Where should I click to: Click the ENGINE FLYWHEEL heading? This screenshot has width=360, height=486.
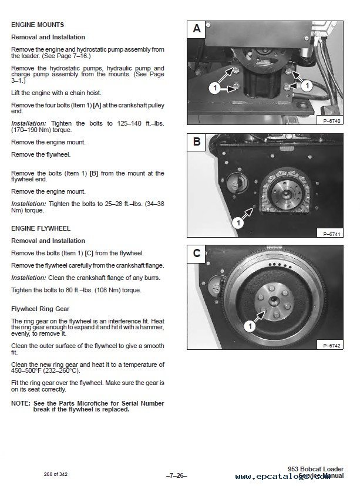pos(41,228)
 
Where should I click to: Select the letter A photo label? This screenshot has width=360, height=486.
pos(197,28)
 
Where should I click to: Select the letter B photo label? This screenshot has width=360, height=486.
pos(197,141)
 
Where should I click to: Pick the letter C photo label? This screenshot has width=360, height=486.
pos(197,254)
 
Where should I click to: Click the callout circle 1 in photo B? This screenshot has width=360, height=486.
pos(238,222)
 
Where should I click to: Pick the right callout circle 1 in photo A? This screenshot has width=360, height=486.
pos(307,86)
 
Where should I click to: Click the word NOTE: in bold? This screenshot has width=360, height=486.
pos(21,403)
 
